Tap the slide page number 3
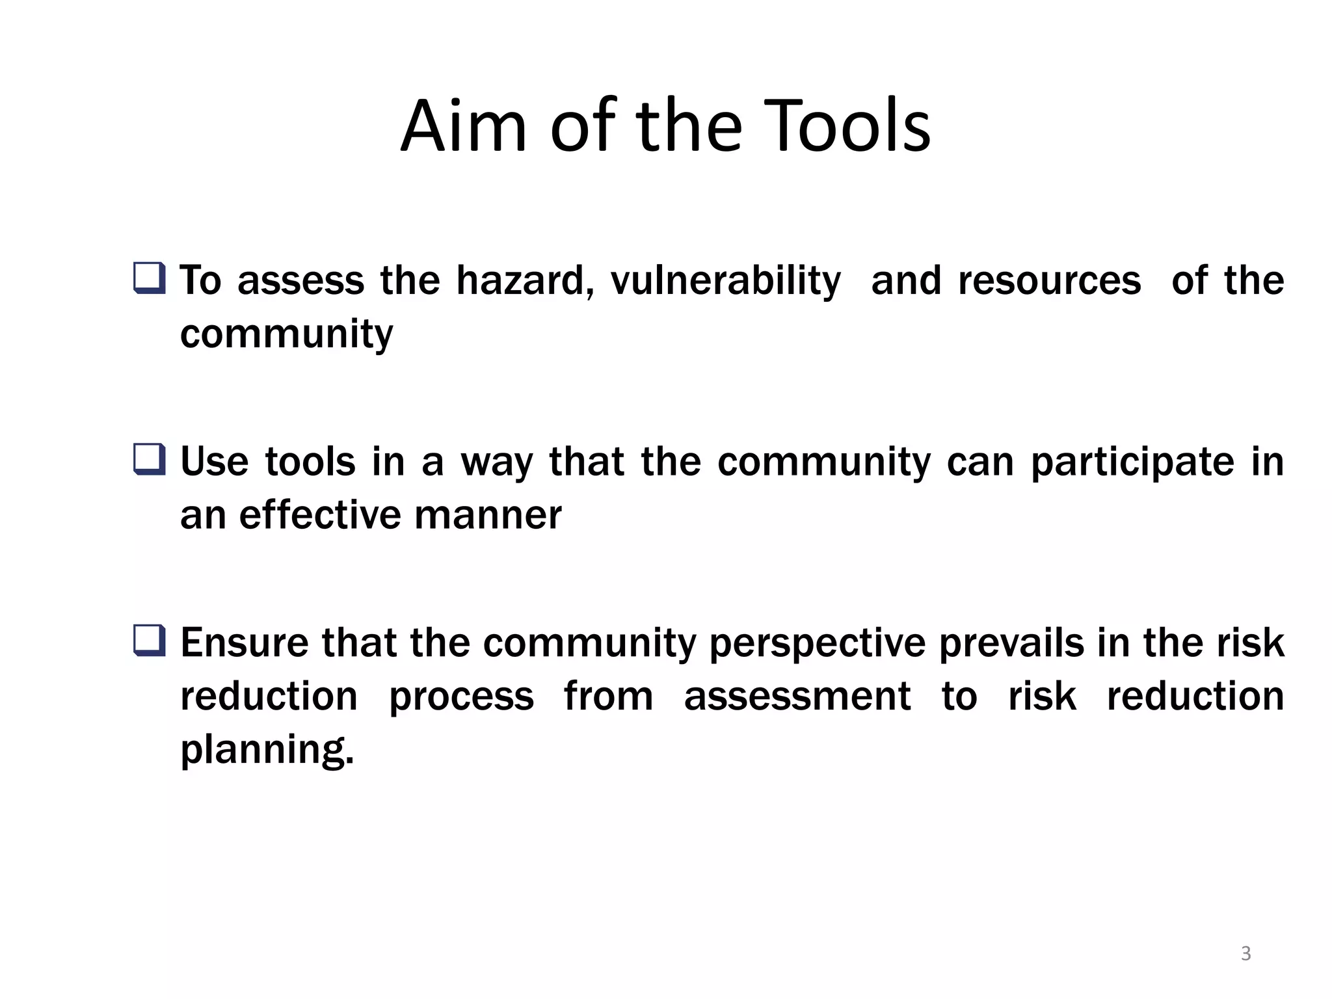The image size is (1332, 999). coord(1245,953)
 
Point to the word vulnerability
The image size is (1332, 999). coord(725,282)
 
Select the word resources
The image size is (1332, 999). coord(1050,280)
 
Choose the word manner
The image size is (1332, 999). coord(488,515)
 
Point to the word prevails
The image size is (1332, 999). coord(1011,643)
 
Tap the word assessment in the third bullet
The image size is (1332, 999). coord(797,697)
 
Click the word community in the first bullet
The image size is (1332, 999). coord(286,335)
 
